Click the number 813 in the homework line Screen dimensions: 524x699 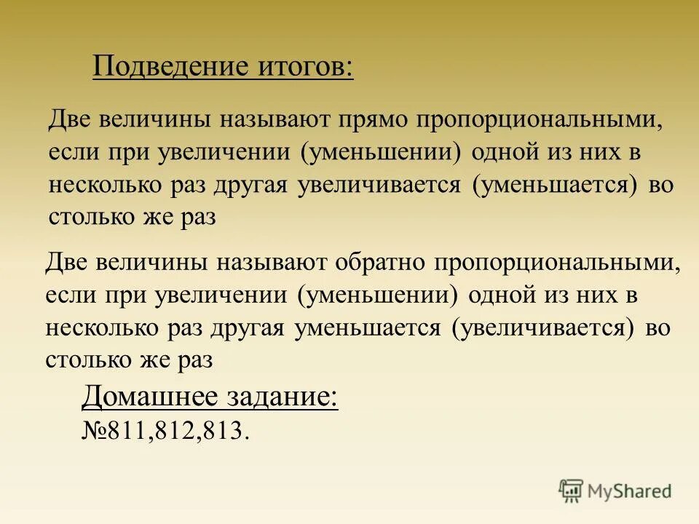(224, 430)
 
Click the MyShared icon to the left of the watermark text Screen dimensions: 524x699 (571, 491)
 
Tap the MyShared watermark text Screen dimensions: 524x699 (630, 491)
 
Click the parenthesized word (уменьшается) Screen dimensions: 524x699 (559, 185)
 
